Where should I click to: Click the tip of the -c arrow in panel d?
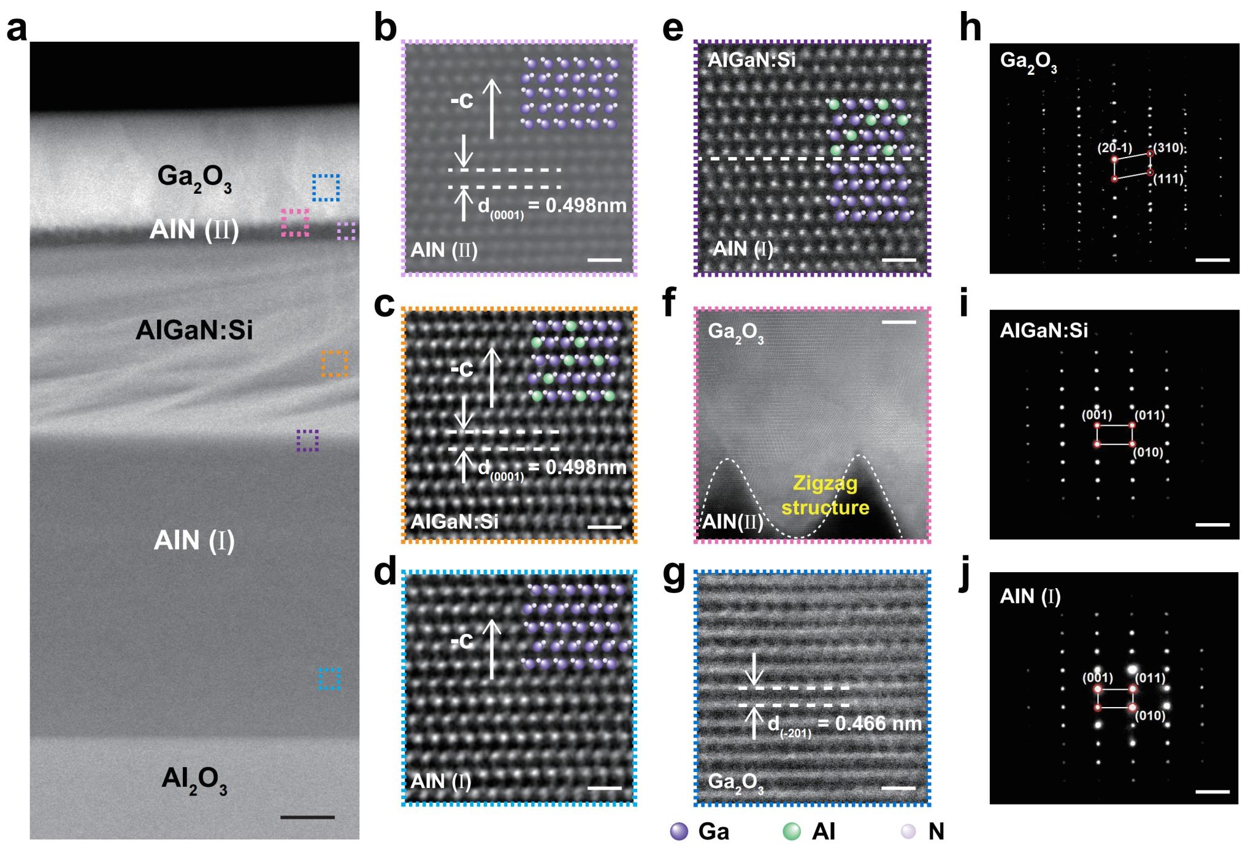pos(491,620)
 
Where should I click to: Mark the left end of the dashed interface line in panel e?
pos(700,158)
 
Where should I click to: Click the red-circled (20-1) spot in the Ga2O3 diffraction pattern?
pos(1114,159)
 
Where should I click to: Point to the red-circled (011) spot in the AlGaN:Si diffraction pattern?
pos(1132,425)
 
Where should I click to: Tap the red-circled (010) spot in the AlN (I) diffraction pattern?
pos(1133,708)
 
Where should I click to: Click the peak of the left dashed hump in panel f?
pos(727,459)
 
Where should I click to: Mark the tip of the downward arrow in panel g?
pos(754,684)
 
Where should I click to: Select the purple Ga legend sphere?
pos(679,831)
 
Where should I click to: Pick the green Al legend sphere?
pos(792,831)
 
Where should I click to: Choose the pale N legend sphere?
pos(908,831)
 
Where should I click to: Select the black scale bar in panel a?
pos(307,817)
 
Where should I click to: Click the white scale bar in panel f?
pos(898,321)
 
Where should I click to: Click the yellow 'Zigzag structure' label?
pos(825,495)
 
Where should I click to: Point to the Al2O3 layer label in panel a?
pos(194,780)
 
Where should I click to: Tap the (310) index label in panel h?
pos(1169,148)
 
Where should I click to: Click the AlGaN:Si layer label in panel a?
pos(194,330)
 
